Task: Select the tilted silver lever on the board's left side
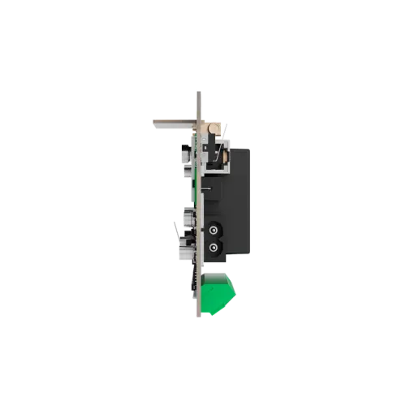click(176, 226)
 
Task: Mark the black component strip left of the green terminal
click(193, 280)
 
